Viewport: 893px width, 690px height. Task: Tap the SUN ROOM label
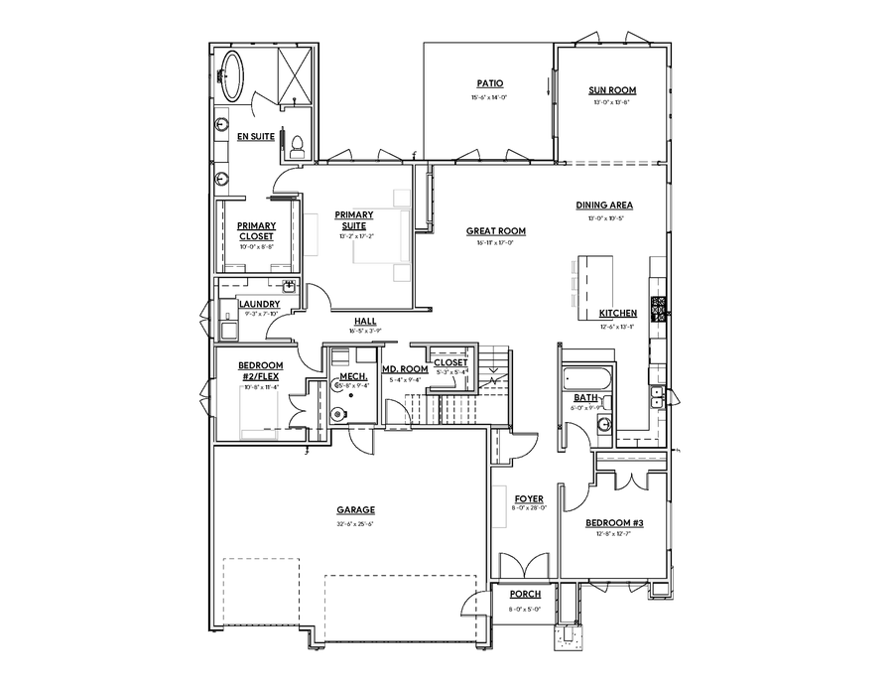click(x=612, y=90)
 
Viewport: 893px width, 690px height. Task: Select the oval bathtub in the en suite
click(x=234, y=75)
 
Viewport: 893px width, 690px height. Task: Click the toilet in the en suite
click(x=295, y=146)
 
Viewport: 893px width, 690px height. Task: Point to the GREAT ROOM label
click(x=496, y=231)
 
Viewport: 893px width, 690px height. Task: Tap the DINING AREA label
click(x=604, y=206)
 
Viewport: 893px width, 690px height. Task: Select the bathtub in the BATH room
click(x=583, y=378)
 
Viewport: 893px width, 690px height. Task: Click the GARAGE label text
click(x=346, y=510)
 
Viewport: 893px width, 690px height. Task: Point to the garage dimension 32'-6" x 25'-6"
click(x=346, y=523)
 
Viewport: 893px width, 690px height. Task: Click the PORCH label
click(x=525, y=594)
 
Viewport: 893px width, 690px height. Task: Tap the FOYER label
click(x=528, y=498)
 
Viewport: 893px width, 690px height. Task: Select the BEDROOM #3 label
click(x=614, y=522)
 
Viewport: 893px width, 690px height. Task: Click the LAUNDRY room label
click(x=259, y=304)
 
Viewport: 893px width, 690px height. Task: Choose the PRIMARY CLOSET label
click(x=256, y=230)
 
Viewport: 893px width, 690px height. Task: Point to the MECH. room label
click(x=353, y=376)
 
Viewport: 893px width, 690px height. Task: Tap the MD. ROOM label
click(x=405, y=369)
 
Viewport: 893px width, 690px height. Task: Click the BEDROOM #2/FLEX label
click(x=260, y=371)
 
